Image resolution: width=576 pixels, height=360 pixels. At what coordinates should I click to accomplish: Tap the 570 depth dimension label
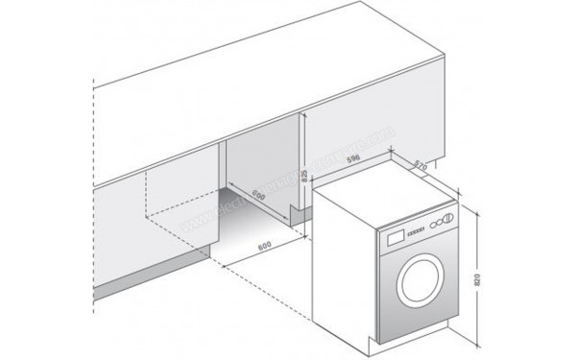coord(420,165)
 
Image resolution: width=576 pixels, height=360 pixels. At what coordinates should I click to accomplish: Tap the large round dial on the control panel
coord(444,222)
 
